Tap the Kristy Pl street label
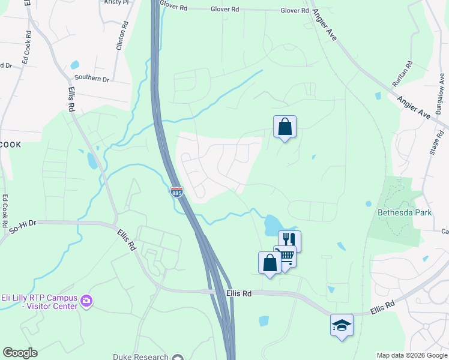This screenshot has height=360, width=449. (116, 2)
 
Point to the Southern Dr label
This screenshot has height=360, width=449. (92, 79)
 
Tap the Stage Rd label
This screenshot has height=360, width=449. (434, 140)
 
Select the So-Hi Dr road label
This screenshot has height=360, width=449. (23, 226)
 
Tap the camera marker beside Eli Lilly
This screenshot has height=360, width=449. (87, 300)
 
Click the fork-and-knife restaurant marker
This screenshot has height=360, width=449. (289, 239)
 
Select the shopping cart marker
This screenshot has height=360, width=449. (285, 256)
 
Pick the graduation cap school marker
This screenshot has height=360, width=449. (342, 325)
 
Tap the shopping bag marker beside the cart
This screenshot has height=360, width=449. (270, 262)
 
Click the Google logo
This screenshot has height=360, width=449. (20, 353)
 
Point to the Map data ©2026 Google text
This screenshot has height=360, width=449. (412, 355)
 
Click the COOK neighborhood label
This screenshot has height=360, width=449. (10, 145)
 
